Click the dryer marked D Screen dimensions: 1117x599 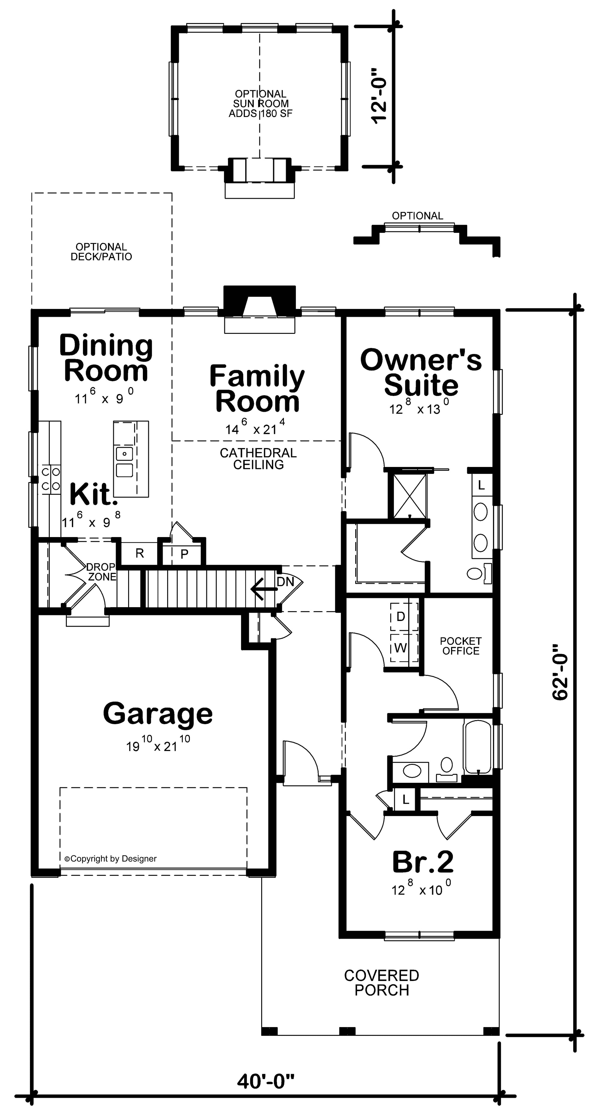(x=400, y=616)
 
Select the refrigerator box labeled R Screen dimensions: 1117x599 (x=139, y=553)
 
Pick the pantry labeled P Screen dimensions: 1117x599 (x=184, y=554)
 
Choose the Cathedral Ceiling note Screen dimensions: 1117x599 (x=258, y=458)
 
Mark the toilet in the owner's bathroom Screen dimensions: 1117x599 (x=475, y=574)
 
